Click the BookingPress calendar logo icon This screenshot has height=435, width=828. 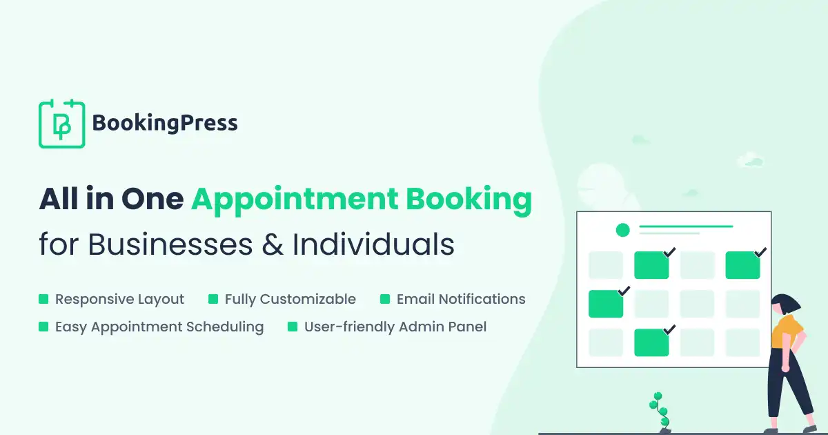tap(61, 124)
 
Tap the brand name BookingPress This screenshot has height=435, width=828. tap(165, 124)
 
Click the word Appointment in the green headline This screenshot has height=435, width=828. tap(295, 200)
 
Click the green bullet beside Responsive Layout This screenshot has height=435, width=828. tap(43, 300)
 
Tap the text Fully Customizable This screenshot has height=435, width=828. tap(290, 300)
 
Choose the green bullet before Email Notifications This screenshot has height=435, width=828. tap(385, 300)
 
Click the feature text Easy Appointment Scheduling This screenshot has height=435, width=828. tap(159, 327)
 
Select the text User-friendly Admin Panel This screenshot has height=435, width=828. tap(395, 327)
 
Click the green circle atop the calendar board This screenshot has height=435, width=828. tap(622, 231)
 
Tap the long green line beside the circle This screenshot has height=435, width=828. tap(686, 226)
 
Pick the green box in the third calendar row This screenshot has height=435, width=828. tap(605, 304)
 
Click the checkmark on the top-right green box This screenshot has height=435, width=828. tap(760, 253)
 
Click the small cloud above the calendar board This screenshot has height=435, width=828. tap(750, 161)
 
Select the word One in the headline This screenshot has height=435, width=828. tap(152, 200)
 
